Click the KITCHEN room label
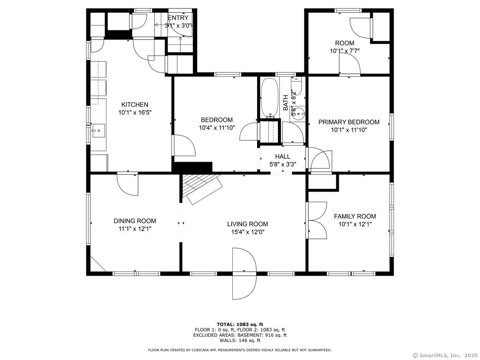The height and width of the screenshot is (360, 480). pyautogui.click(x=135, y=104)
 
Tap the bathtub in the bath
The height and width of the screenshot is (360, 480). pyautogui.click(x=270, y=98)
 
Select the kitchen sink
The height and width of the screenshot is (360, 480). pyautogui.click(x=99, y=130)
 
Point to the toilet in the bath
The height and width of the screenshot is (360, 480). pyautogui.click(x=297, y=86)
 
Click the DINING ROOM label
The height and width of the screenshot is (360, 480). pyautogui.click(x=135, y=221)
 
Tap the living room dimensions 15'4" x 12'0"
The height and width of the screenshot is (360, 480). pyautogui.click(x=248, y=232)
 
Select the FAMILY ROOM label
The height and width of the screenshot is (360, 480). pyautogui.click(x=355, y=216)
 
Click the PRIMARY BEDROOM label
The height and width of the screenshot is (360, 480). pyautogui.click(x=349, y=122)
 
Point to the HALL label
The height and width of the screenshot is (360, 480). pyautogui.click(x=282, y=156)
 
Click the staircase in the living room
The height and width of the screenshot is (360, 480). pyautogui.click(x=202, y=189)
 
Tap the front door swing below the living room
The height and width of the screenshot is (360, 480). pyautogui.click(x=244, y=274)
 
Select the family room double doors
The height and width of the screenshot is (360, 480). pyautogui.click(x=316, y=220)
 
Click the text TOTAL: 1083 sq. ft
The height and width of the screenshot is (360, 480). pyautogui.click(x=240, y=324)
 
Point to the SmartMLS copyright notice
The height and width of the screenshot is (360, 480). pyautogui.click(x=445, y=355)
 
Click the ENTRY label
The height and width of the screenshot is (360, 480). pyautogui.click(x=178, y=18)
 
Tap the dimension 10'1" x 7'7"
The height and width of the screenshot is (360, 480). pyautogui.click(x=345, y=51)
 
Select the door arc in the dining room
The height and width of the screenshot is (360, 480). pyautogui.click(x=128, y=185)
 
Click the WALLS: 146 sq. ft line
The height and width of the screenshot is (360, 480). pyautogui.click(x=240, y=340)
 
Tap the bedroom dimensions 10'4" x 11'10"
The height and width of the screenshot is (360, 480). pyautogui.click(x=217, y=128)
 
